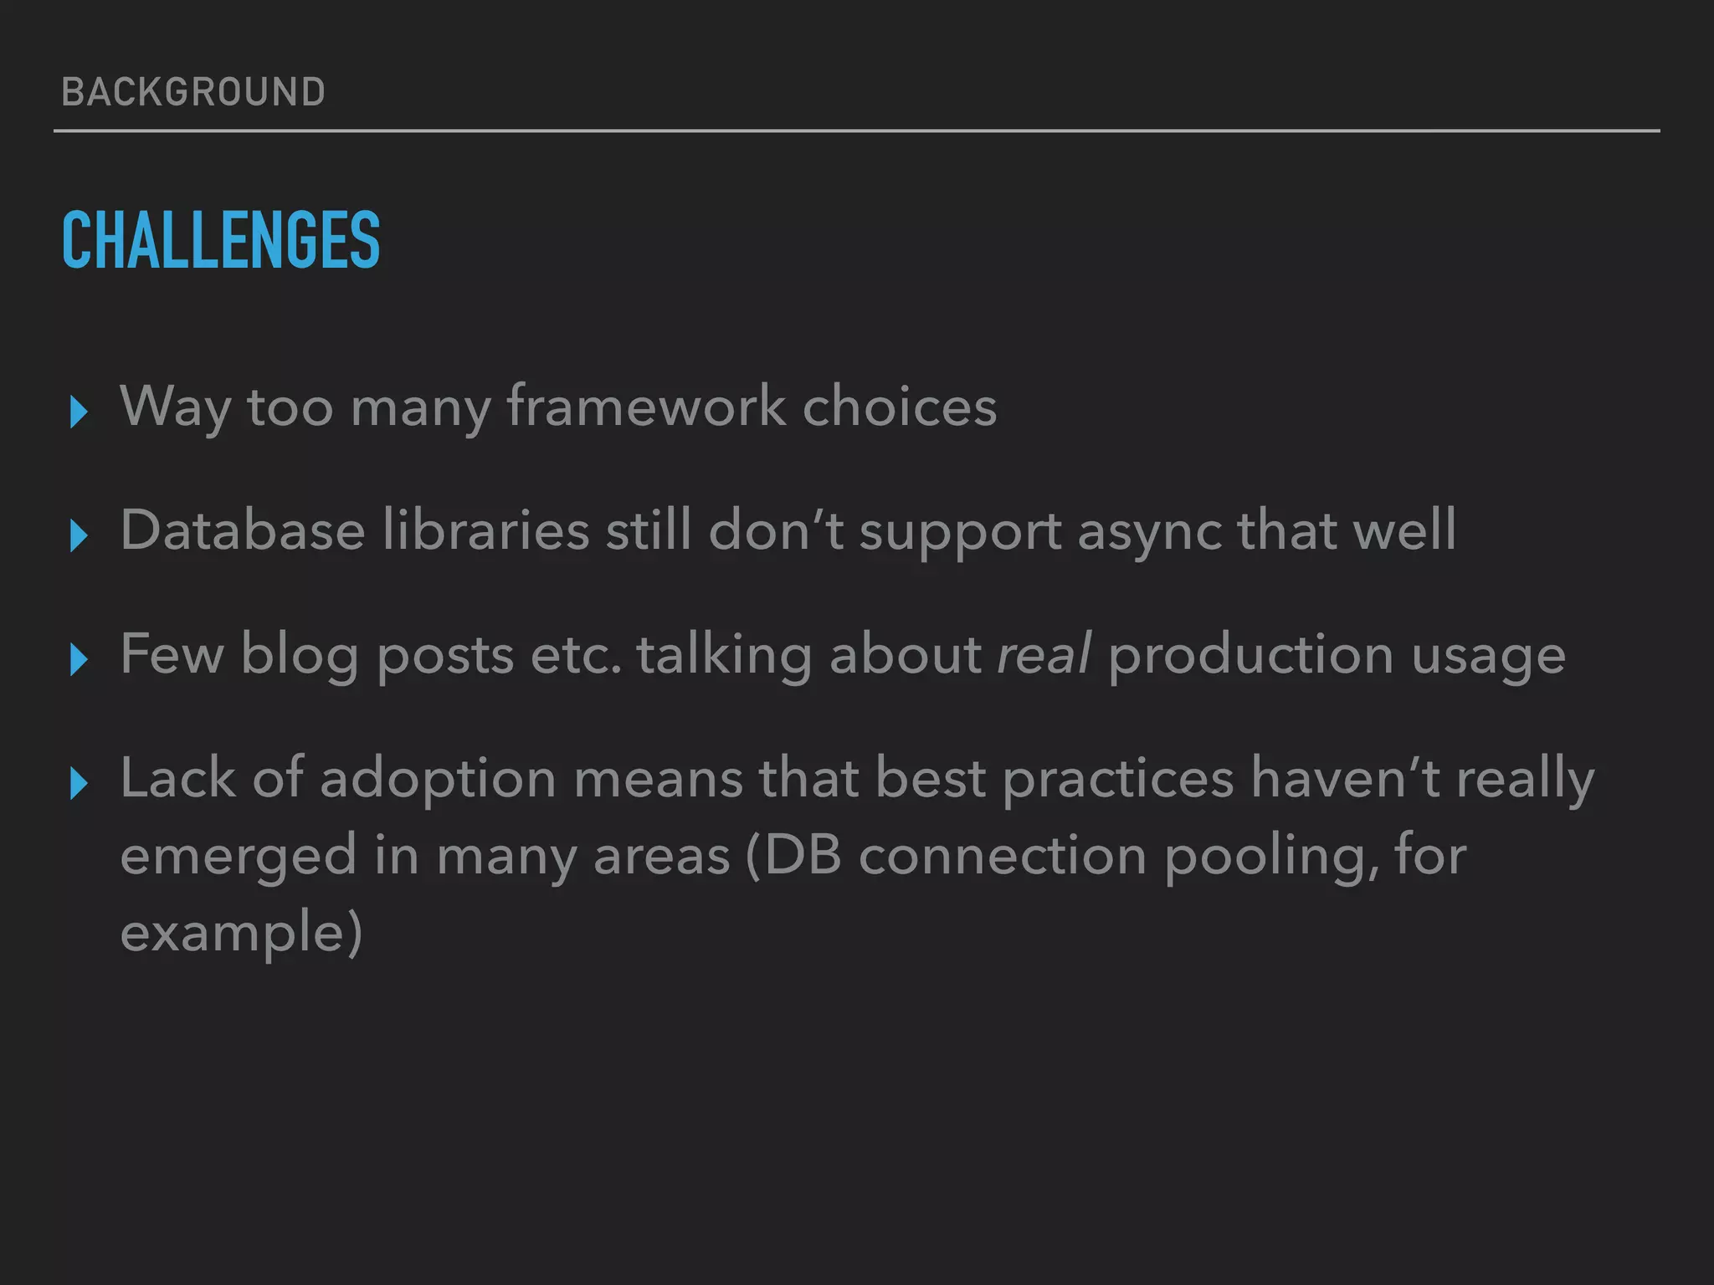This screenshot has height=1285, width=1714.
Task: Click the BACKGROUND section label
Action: point(193,92)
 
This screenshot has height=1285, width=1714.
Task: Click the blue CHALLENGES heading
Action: point(221,240)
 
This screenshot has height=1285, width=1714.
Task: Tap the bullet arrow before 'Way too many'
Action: point(80,412)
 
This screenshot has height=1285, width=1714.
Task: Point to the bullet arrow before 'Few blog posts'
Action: point(80,659)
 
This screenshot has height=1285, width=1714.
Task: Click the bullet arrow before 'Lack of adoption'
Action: point(80,783)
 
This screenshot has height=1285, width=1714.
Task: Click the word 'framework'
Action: point(646,407)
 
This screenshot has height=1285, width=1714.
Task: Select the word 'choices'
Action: point(900,407)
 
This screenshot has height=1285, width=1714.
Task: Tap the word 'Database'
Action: point(243,530)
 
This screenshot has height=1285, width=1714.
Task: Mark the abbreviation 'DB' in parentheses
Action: point(801,855)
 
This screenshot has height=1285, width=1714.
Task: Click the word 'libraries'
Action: point(485,530)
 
